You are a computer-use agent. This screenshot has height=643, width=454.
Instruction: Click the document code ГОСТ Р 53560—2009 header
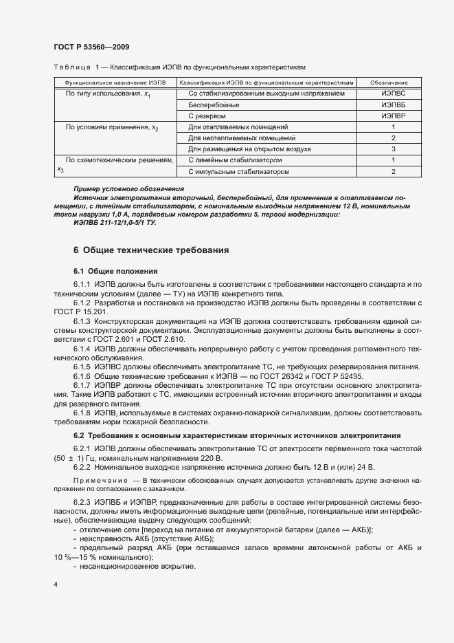click(x=91, y=47)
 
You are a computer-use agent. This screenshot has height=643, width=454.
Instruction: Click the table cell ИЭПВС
click(x=394, y=93)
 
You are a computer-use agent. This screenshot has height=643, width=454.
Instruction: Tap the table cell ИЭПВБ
click(x=394, y=105)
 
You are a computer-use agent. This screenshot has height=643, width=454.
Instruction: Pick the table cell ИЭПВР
click(x=394, y=116)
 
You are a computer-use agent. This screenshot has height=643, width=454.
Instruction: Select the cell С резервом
click(x=207, y=116)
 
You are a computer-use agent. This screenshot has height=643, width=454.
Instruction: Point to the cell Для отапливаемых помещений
click(x=238, y=127)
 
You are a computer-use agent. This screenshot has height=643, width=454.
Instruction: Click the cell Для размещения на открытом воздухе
click(x=249, y=149)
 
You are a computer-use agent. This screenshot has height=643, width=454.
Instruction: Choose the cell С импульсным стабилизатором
click(x=238, y=171)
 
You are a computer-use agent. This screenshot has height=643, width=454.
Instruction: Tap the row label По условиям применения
click(x=111, y=128)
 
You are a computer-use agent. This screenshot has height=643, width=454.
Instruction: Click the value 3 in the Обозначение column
click(x=394, y=149)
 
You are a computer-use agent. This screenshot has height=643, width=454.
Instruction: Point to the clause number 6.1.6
click(x=82, y=376)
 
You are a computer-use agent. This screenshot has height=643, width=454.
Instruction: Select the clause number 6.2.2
click(x=82, y=466)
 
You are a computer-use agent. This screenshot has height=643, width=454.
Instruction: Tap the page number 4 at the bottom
click(x=55, y=584)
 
